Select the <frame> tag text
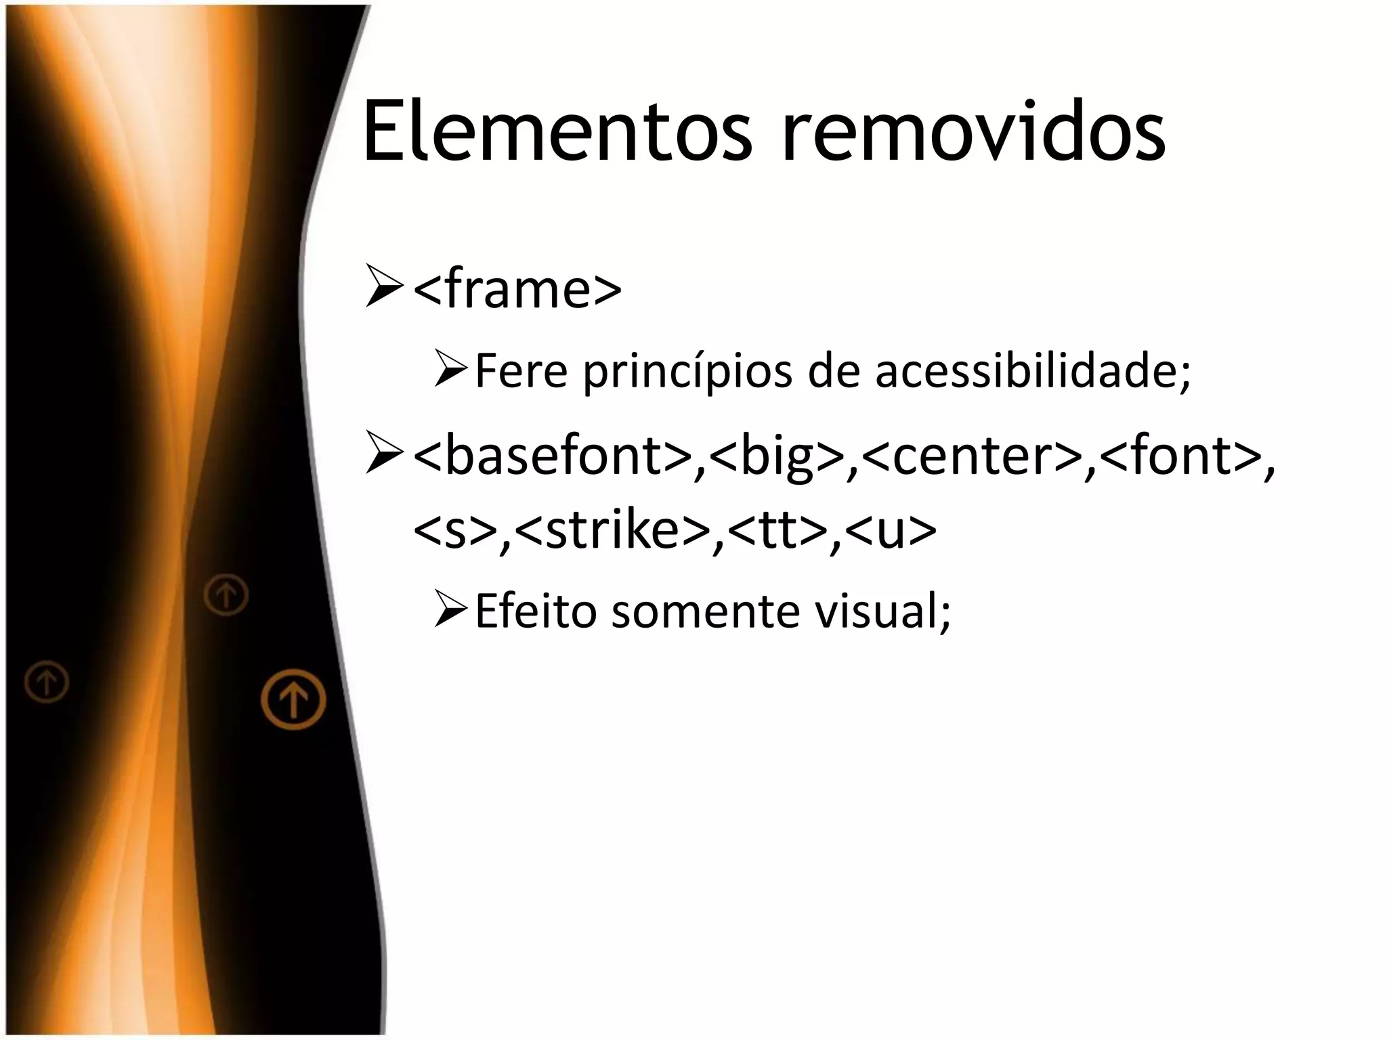(517, 290)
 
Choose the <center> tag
(973, 456)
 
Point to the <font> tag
(1179, 456)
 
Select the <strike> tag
(613, 530)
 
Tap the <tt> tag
(771, 530)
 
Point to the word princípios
(687, 372)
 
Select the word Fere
(521, 371)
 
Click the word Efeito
(536, 611)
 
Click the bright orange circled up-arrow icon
(293, 699)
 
